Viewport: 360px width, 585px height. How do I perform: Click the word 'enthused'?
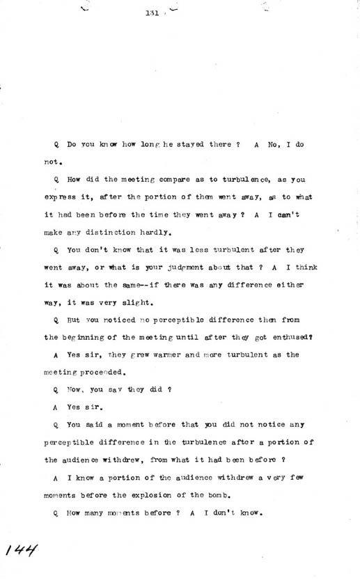point(283,337)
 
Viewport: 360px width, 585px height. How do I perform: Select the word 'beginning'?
point(89,337)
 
